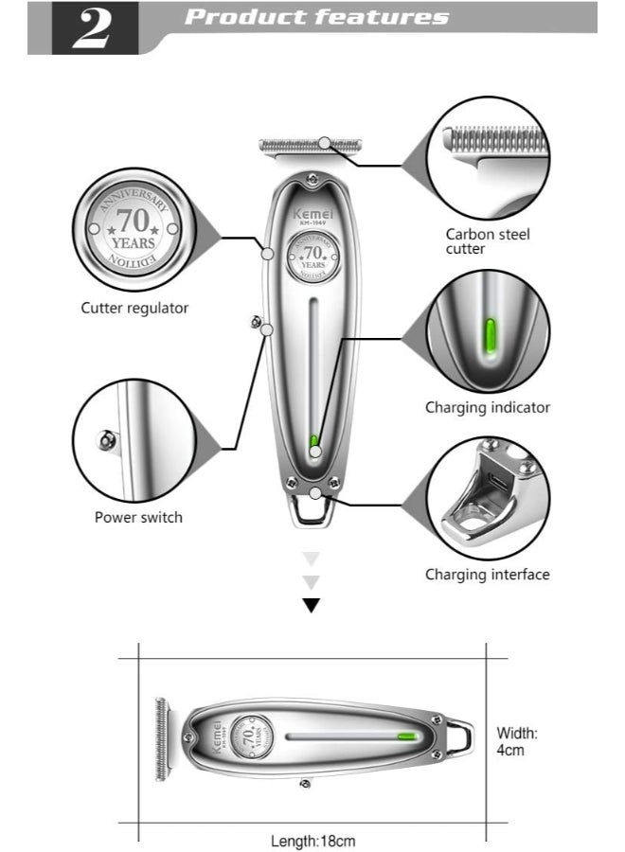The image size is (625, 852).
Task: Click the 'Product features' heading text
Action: point(316,17)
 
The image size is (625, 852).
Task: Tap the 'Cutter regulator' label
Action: point(134,308)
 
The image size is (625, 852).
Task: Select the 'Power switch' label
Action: point(138,517)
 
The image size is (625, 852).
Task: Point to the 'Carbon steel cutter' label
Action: point(488,241)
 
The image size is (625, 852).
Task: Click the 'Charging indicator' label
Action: point(487,407)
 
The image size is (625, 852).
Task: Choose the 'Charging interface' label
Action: point(487,574)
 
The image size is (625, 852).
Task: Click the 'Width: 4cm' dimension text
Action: point(517,741)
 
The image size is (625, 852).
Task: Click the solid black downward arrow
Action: point(312,606)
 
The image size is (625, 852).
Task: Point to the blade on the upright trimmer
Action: point(312,145)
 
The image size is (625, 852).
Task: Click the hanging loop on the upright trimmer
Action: point(312,511)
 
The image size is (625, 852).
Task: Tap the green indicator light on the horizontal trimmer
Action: point(408,736)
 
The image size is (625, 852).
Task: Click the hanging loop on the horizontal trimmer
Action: point(461,736)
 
